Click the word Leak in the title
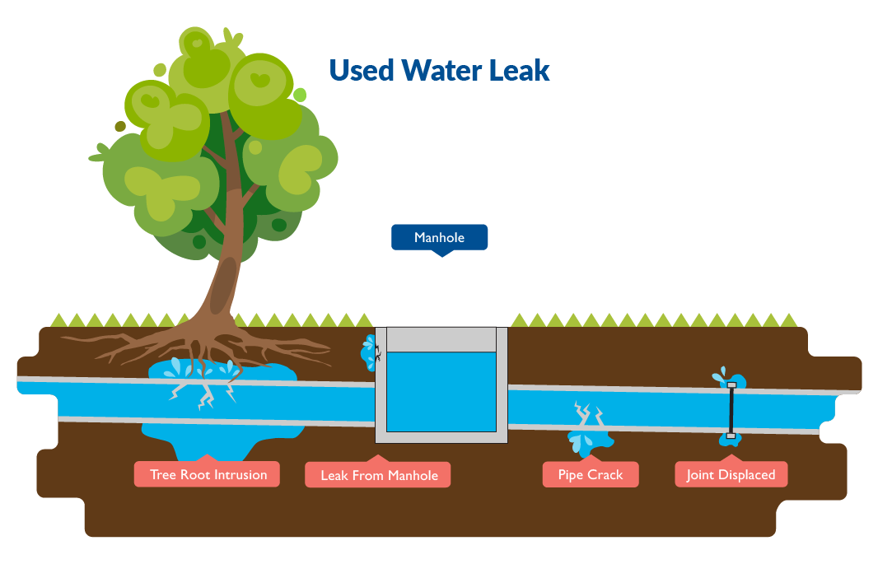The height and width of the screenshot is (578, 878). click(x=519, y=70)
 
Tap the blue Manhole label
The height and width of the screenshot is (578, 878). click(x=439, y=238)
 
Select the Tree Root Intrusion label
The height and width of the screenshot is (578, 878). click(x=208, y=475)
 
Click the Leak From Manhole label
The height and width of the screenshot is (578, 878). click(x=379, y=476)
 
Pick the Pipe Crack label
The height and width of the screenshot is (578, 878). click(x=590, y=475)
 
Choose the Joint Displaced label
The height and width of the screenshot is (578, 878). click(x=731, y=475)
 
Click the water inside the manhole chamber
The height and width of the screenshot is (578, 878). click(x=441, y=391)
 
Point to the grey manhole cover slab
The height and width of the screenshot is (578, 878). click(x=441, y=339)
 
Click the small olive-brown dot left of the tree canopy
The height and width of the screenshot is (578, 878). click(x=120, y=126)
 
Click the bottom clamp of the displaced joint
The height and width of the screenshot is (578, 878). click(x=731, y=436)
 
